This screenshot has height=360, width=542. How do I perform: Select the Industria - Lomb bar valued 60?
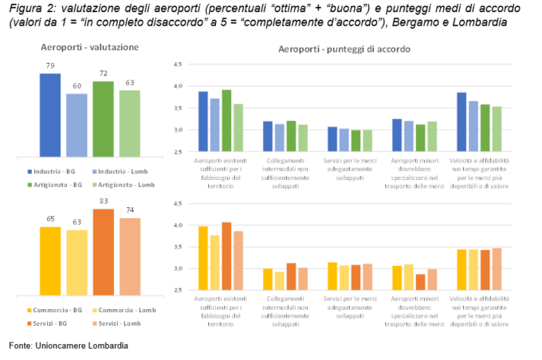tap(77, 126)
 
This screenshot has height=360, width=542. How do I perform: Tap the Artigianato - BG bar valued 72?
tap(103, 119)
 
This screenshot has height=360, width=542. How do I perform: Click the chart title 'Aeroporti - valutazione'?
tap(88, 48)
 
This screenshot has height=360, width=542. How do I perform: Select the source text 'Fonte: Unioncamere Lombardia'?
tap(68, 346)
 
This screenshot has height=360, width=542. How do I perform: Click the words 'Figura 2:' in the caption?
tap(26, 9)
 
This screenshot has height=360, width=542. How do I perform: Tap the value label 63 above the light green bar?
tap(130, 83)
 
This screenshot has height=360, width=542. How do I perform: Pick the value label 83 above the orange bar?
tap(103, 202)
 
